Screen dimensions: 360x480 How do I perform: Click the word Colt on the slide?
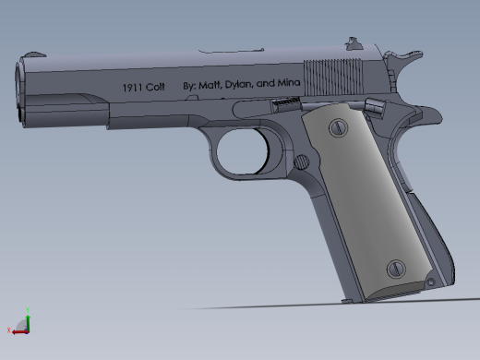(x=155, y=88)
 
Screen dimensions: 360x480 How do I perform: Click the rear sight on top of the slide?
(x=354, y=42)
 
